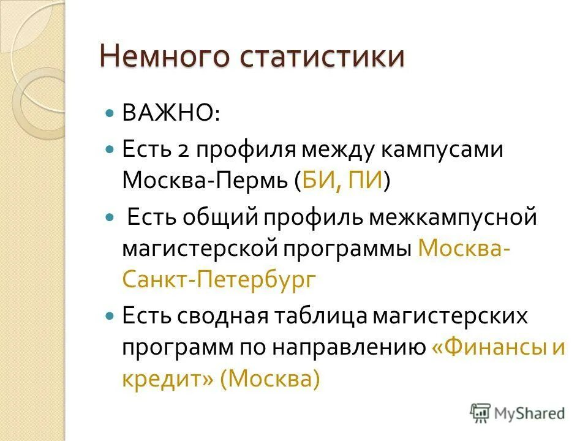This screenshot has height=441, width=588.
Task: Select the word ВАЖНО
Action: pos(162,114)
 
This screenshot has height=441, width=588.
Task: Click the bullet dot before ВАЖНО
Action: pos(110,114)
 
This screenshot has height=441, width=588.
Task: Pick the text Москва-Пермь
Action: pos(203,182)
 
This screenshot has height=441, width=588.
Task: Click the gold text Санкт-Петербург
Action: pos(219,281)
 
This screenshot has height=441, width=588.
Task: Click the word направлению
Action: pos(355,347)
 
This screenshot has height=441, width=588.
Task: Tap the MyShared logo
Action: pos(518,413)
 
